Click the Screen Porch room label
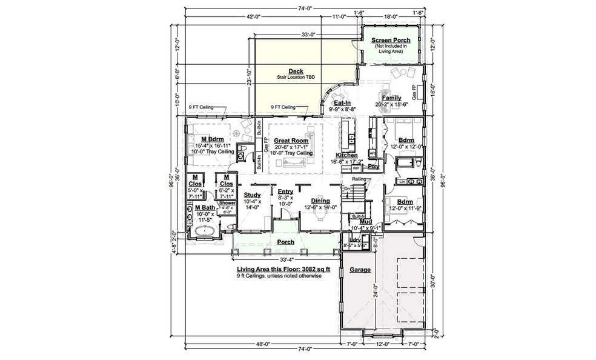(391, 40)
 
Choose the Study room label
(252, 195)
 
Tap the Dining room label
(320, 201)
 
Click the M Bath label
(204, 207)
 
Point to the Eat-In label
(344, 103)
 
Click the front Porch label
(285, 242)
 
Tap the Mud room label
(365, 222)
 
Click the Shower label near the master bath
(227, 203)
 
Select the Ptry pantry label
(373, 165)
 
